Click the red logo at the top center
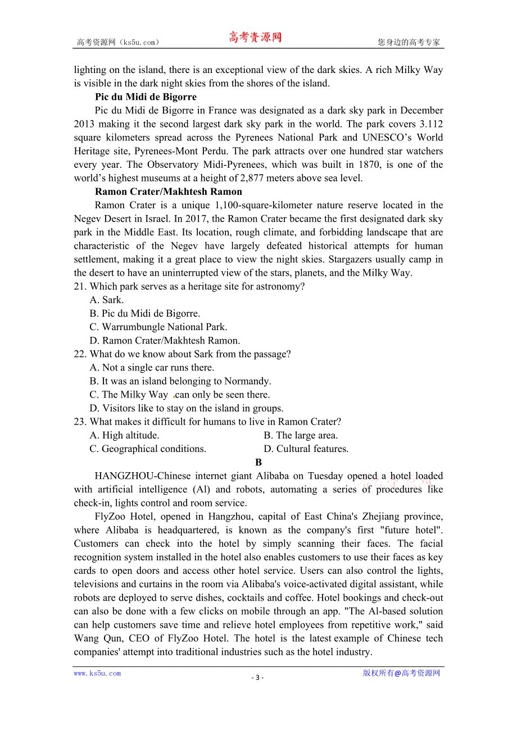coord(255,38)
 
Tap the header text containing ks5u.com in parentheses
coord(118,42)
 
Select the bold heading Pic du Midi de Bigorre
coord(138,97)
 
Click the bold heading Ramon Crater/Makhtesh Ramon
coord(169,191)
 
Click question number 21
coord(80,286)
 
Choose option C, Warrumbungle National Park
coord(158,327)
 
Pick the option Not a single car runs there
coord(152,368)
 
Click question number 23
coord(80,422)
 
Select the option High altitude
coord(124,435)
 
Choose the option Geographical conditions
coord(148,449)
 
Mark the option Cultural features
coord(306,449)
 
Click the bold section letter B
coord(258,462)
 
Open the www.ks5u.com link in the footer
coord(97,673)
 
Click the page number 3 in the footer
coord(257,677)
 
